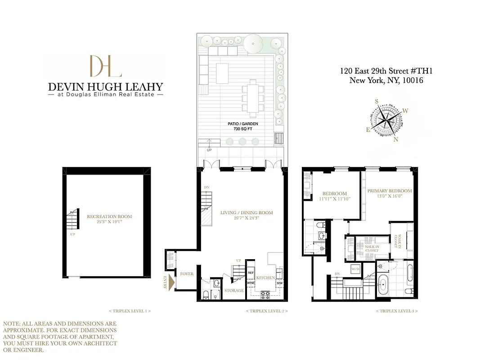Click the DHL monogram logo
coord(105,66)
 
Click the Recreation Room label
coord(109,216)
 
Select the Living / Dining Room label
coord(247,213)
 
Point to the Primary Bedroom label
coord(389,191)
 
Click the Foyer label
coord(187,274)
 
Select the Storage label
coord(234,291)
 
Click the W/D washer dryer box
coord(355,269)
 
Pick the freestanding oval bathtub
coord(384,286)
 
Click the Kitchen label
coord(265,278)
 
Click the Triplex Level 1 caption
coord(130,311)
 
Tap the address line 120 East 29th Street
coord(386,71)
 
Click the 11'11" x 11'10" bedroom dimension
coord(334,198)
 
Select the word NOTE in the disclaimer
coord(11,324)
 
